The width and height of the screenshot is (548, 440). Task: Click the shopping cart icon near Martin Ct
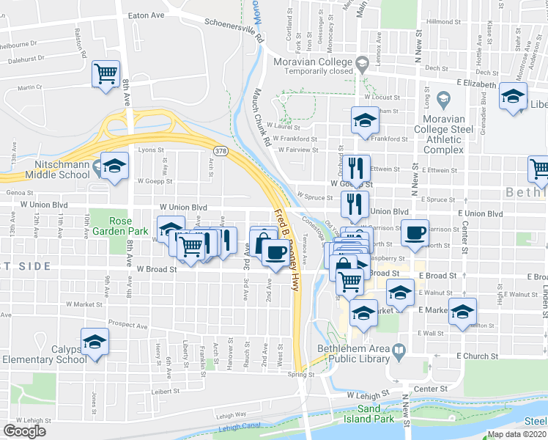(x=106, y=74)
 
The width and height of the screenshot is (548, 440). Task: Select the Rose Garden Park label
(x=129, y=226)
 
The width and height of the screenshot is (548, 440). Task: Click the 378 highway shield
(x=220, y=150)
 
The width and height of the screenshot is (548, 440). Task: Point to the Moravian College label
(x=312, y=62)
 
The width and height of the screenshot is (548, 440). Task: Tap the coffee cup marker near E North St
(x=415, y=233)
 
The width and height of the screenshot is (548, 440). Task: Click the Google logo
(x=24, y=430)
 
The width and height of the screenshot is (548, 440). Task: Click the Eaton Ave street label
(x=146, y=15)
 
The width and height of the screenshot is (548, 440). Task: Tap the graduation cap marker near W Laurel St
(x=364, y=121)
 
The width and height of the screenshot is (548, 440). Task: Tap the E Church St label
(x=477, y=356)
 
